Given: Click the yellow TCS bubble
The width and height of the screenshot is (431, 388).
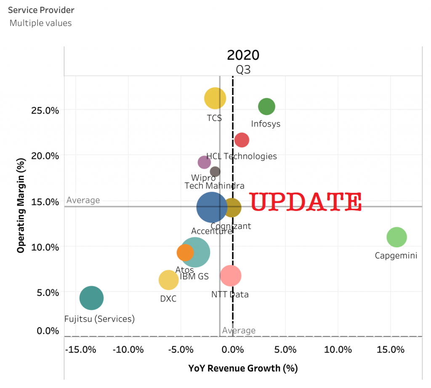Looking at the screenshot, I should pos(215,98).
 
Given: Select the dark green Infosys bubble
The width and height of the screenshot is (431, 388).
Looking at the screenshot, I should pos(266,107).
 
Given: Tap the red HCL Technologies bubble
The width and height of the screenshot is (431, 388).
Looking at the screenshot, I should pos(242,140).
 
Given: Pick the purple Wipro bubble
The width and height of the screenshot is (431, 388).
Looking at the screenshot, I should pos(204,162).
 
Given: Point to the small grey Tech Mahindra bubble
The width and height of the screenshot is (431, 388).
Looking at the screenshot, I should pos(215,172).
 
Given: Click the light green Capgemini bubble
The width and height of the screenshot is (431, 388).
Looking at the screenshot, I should pos(396,237).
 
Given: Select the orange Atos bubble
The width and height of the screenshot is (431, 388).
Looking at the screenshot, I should pos(185,252).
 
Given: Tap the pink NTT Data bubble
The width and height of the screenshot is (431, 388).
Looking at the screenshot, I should pos(230,276).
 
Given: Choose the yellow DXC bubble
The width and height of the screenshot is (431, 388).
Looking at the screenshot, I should pos(168,280).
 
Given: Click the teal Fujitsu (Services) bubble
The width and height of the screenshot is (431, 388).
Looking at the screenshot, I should pos(91,298).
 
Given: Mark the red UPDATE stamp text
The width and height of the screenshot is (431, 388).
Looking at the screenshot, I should pos(306,202).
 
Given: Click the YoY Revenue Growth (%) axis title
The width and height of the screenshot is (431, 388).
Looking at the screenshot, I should pos(243,368).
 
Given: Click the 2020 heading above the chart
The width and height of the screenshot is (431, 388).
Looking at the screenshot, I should pos(243,55).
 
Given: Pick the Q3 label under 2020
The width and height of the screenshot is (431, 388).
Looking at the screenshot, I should pos(243,69).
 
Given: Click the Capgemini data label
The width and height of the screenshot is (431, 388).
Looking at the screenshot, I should pos(396,255).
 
